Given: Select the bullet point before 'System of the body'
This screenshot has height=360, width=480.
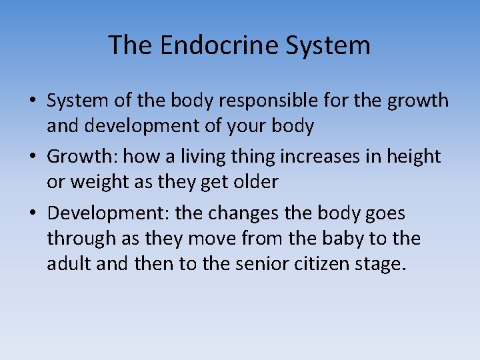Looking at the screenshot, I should tap(31, 101).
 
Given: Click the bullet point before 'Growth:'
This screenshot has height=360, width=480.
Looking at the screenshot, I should tap(31, 157).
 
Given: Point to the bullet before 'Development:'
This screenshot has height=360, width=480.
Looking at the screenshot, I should tap(31, 214).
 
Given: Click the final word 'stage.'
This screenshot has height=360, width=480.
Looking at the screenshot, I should tap(382, 264).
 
